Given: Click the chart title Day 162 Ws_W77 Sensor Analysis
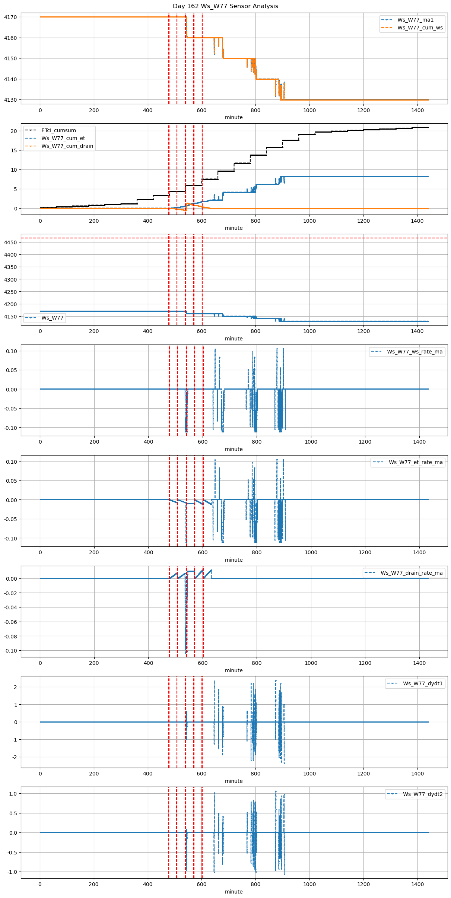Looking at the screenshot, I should pyautogui.click(x=225, y=6).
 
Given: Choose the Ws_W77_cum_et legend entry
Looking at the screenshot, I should pyautogui.click(x=63, y=138).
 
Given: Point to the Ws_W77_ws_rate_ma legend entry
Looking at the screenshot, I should pyautogui.click(x=415, y=352).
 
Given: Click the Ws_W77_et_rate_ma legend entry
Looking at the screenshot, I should pyautogui.click(x=416, y=462).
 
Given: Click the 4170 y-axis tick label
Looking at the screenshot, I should pyautogui.click(x=10, y=17).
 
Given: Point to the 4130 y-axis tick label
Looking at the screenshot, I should pyautogui.click(x=10, y=100).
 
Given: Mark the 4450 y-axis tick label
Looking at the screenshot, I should pyautogui.click(x=10, y=242).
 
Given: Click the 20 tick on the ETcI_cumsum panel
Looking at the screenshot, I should pyautogui.click(x=14, y=131).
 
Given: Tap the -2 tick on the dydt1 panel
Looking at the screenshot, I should pyautogui.click(x=14, y=757).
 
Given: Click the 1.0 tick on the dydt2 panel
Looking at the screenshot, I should pyautogui.click(x=13, y=794).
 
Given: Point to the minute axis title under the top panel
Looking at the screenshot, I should pyautogui.click(x=234, y=117).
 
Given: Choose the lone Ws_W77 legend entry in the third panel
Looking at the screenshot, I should pyautogui.click(x=53, y=318).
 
